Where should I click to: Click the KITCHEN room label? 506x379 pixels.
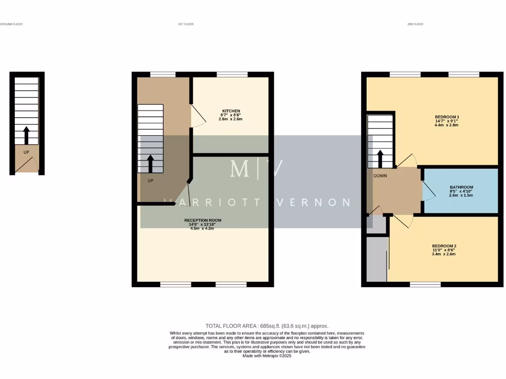(231, 111)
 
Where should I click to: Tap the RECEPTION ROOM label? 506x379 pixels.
(203, 220)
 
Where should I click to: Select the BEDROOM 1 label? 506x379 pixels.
(444, 116)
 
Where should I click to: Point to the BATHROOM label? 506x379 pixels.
(461, 187)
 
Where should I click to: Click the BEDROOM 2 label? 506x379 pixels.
(444, 246)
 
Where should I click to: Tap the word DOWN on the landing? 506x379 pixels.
(380, 176)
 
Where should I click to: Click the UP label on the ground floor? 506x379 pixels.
(26, 152)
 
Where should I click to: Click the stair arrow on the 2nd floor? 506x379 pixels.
(380, 158)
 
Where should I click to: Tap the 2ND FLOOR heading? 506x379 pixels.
(415, 24)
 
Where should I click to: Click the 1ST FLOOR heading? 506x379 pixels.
(185, 24)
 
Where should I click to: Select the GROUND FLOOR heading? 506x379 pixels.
(11, 24)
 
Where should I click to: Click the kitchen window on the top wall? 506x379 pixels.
(232, 75)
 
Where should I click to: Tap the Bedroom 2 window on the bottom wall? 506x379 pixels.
(425, 284)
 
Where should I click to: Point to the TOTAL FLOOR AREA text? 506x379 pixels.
(267, 326)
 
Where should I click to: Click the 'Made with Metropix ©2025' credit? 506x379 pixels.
(267, 355)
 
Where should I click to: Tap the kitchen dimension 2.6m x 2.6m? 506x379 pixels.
(231, 119)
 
